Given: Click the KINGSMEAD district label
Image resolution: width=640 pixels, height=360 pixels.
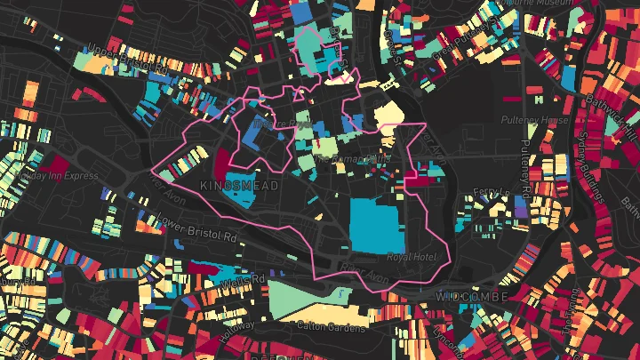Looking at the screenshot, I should (x=240, y=186).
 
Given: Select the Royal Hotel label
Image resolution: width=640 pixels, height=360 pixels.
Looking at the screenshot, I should (x=408, y=258).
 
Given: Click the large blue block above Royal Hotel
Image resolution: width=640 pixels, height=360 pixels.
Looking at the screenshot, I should (x=378, y=226).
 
